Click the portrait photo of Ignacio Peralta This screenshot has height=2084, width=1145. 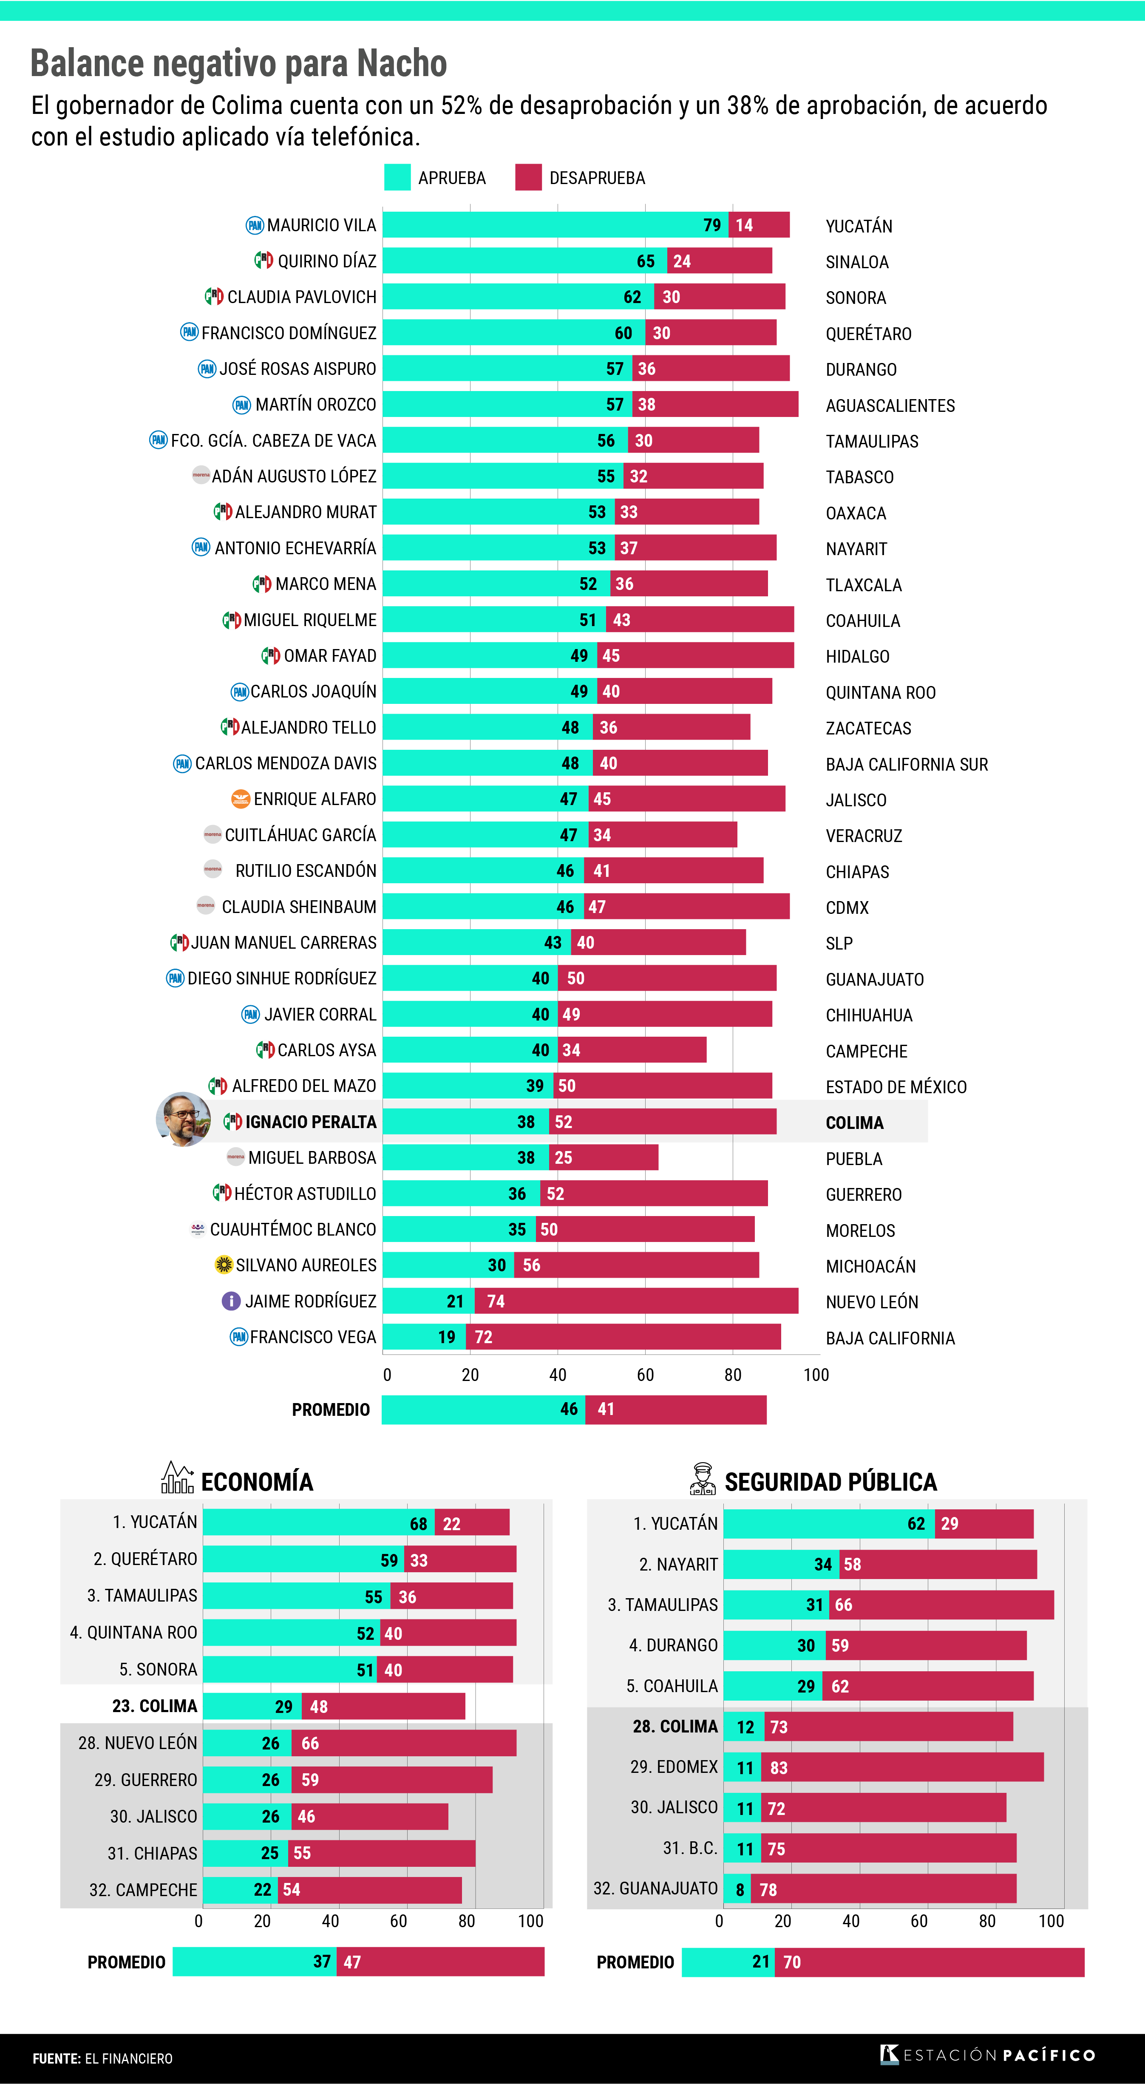183,1120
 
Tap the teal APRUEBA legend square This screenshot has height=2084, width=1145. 397,177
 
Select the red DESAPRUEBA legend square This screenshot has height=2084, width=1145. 528,177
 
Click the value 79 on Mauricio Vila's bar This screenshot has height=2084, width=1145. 712,225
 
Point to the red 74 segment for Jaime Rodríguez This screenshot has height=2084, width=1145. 636,1301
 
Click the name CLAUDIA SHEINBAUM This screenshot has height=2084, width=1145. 299,907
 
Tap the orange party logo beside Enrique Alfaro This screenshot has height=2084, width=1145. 240,799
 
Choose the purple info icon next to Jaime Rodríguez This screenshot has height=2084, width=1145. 231,1301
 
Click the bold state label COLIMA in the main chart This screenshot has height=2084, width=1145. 855,1123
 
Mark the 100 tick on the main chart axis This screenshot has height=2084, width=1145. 816,1375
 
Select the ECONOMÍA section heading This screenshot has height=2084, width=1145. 257,1482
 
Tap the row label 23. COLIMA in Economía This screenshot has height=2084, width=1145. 155,1706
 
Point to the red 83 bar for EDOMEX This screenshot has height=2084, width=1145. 902,1768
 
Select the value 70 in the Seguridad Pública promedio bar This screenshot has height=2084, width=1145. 792,1962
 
